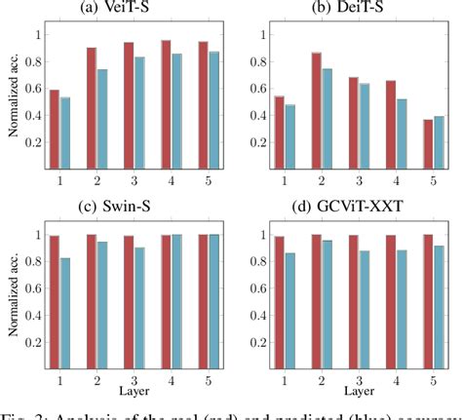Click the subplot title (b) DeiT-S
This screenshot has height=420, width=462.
(345, 9)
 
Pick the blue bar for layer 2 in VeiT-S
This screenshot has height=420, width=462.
(102, 119)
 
